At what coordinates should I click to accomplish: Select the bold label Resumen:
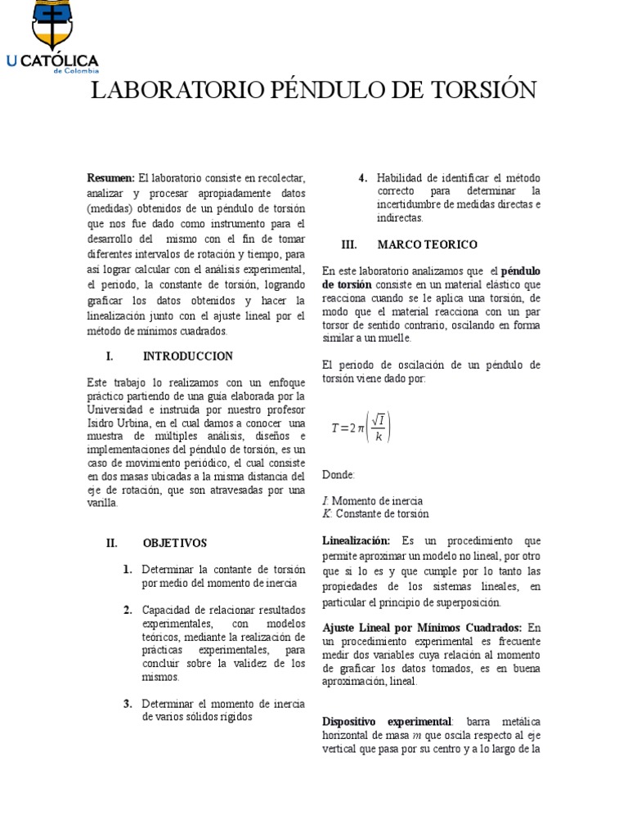coord(111,178)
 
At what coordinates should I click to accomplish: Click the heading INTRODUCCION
coord(188,356)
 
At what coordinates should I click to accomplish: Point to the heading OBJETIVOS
coord(175,543)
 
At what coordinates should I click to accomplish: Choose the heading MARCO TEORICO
coord(428,244)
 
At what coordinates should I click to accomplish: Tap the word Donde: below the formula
coord(339,474)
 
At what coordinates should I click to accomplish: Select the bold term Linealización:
coord(357,541)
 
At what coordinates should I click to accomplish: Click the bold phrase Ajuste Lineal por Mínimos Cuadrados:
coord(423,627)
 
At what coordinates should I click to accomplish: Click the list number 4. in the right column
coord(363,178)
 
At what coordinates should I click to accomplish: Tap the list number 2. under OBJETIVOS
coord(128,610)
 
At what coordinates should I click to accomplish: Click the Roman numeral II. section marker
coord(113,543)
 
